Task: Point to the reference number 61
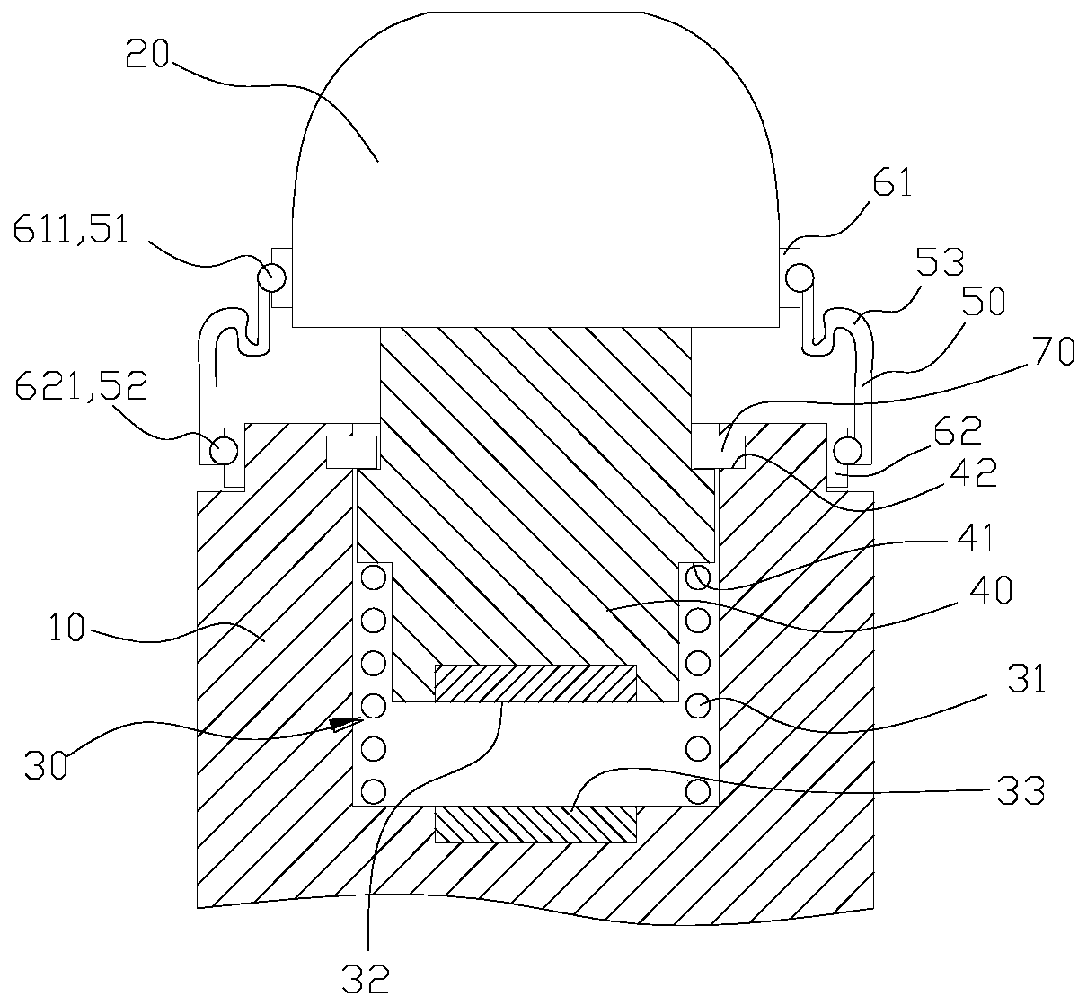[891, 186]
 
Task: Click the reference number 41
[975, 538]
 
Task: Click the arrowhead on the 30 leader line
[342, 724]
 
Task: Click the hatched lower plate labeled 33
[535, 824]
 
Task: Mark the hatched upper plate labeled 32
[535, 683]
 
